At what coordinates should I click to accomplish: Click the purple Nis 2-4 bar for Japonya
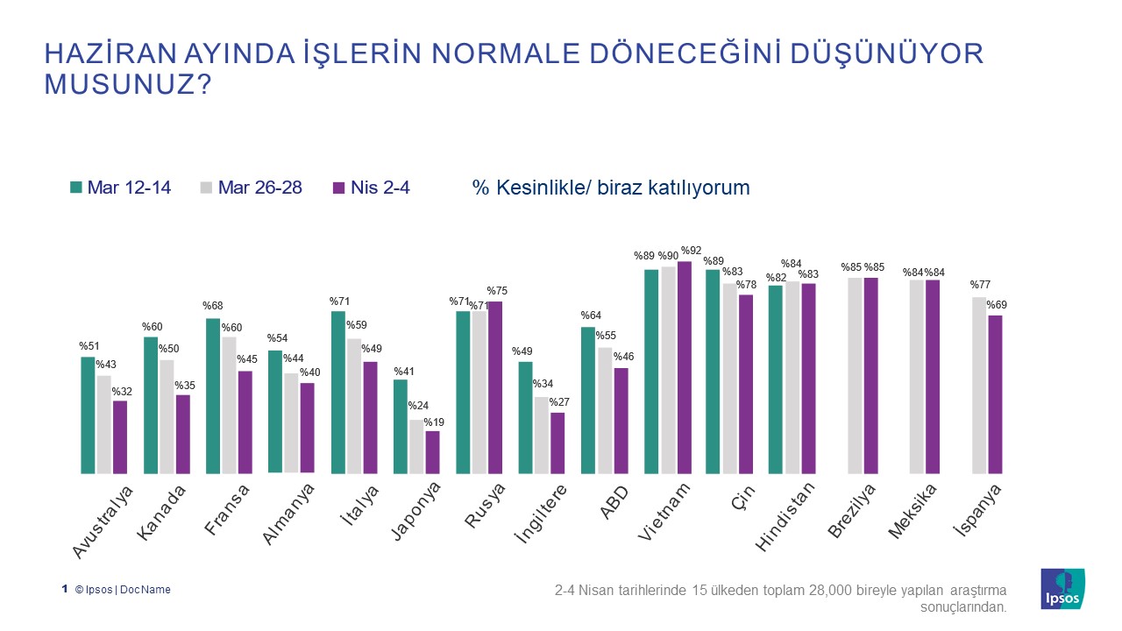[x=432, y=452]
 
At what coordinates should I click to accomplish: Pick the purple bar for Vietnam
[x=684, y=367]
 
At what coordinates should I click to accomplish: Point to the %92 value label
[x=691, y=252]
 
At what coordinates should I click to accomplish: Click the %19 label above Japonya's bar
[x=434, y=422]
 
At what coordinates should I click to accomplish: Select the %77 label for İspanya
[x=981, y=286]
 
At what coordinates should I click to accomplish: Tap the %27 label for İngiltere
[x=559, y=403]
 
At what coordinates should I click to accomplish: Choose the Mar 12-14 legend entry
[x=120, y=188]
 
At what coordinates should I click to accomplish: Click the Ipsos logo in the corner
[x=1062, y=589]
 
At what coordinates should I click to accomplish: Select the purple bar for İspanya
[x=995, y=394]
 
